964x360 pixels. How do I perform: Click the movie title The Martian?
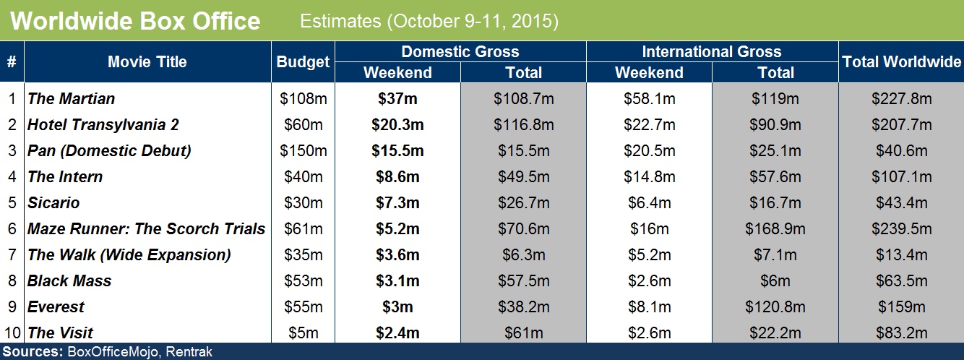(72, 99)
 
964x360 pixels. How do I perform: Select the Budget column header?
(303, 62)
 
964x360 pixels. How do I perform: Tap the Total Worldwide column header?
(901, 62)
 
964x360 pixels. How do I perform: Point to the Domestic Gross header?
(460, 52)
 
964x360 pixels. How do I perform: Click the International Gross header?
(711, 52)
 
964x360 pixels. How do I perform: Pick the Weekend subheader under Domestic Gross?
(397, 73)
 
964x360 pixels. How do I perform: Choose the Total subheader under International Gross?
(775, 73)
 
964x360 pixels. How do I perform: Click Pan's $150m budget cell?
(303, 151)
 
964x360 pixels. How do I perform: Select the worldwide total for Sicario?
(901, 203)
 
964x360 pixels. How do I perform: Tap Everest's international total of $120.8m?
(775, 307)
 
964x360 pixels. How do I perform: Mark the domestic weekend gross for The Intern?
(397, 177)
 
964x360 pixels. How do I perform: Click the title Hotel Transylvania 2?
(103, 125)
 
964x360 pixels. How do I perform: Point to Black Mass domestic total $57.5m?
(523, 281)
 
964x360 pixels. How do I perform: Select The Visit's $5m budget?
(303, 333)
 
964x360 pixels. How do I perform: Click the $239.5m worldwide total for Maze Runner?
(901, 229)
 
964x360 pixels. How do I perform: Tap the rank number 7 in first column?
(12, 255)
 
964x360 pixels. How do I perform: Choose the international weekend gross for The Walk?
(649, 255)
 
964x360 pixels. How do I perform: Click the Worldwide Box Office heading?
(135, 21)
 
